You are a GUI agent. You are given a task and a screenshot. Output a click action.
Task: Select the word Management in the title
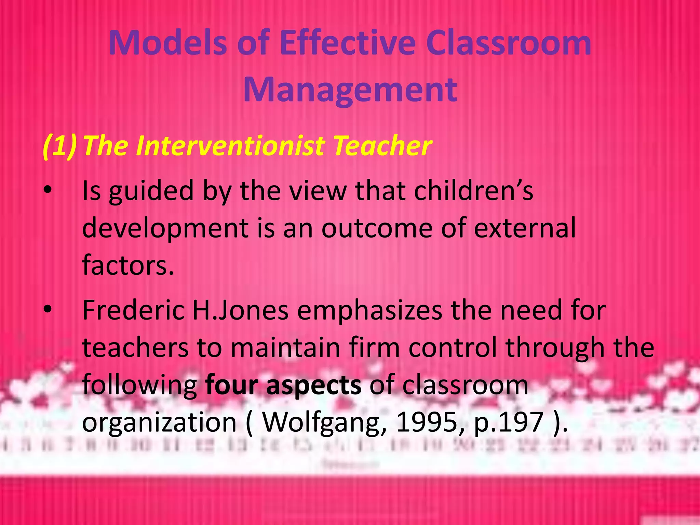point(350,90)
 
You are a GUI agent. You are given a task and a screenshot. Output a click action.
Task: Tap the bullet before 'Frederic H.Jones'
point(48,309)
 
